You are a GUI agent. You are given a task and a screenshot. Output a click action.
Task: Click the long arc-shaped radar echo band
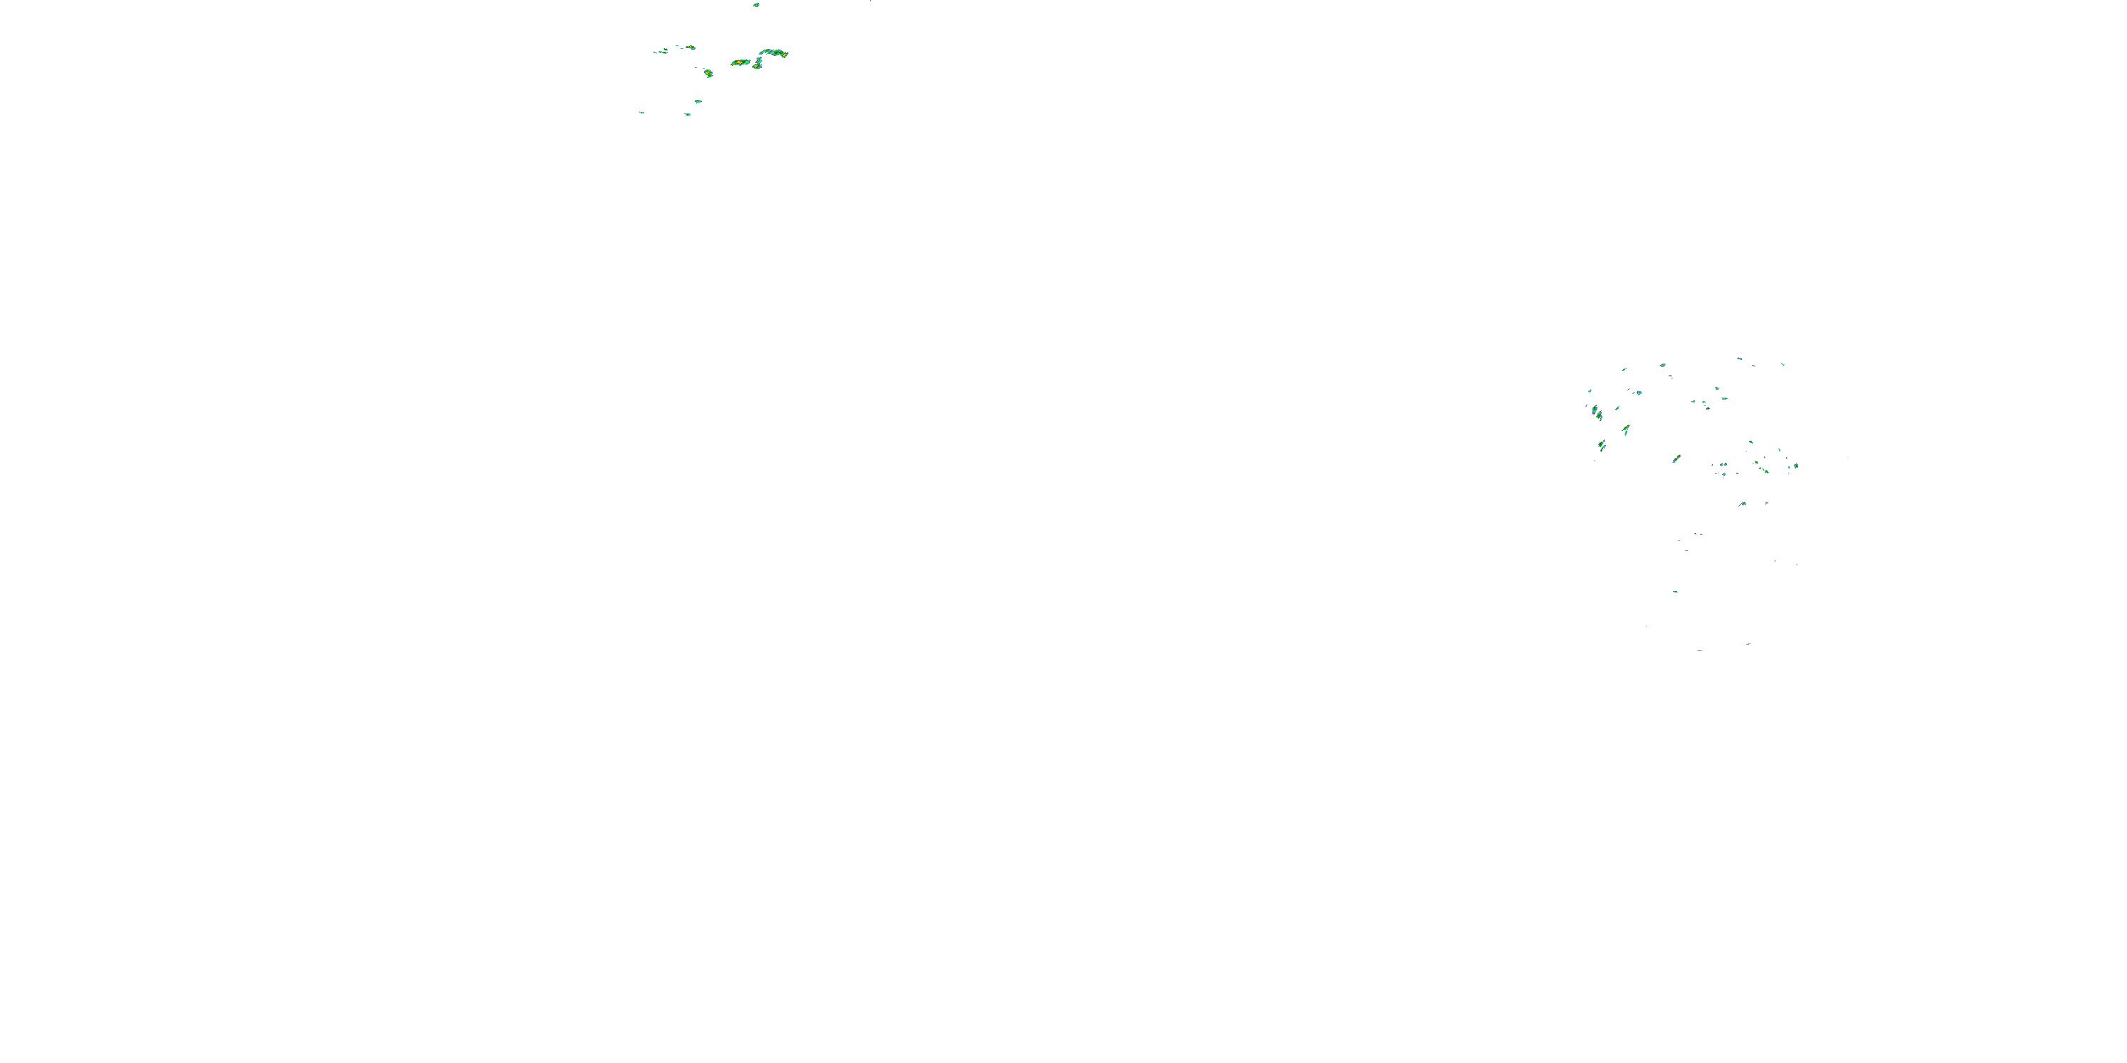(x=774, y=53)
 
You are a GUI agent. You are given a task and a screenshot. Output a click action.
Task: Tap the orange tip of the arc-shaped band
(x=784, y=55)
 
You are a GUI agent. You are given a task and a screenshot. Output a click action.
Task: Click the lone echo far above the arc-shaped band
(x=757, y=5)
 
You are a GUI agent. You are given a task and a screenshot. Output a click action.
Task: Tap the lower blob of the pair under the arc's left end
(x=757, y=65)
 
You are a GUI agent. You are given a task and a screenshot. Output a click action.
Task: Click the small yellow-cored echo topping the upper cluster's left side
(x=691, y=47)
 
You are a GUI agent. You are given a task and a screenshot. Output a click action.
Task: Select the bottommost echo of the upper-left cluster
(x=687, y=115)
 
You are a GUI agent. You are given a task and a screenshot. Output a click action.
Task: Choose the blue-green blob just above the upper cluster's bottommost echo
(x=698, y=101)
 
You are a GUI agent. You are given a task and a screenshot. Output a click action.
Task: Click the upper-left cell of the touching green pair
(x=1595, y=408)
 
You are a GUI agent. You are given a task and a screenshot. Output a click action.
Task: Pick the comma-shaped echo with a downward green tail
(x=1626, y=429)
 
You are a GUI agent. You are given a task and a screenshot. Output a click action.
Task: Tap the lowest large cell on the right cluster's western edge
(x=1602, y=446)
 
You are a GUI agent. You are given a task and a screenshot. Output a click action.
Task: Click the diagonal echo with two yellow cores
(x=1676, y=458)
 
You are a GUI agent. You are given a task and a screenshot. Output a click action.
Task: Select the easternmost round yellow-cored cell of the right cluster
(x=1797, y=466)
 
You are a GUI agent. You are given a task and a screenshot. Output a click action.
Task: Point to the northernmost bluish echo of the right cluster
(x=1740, y=359)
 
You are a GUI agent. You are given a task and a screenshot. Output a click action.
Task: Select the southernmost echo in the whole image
(x=1699, y=651)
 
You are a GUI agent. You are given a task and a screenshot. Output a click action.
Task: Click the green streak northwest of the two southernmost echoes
(x=1675, y=592)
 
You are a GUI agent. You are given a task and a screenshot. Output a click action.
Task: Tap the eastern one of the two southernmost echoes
(x=1748, y=643)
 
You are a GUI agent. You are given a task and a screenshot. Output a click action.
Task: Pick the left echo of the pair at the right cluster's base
(x=1743, y=503)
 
